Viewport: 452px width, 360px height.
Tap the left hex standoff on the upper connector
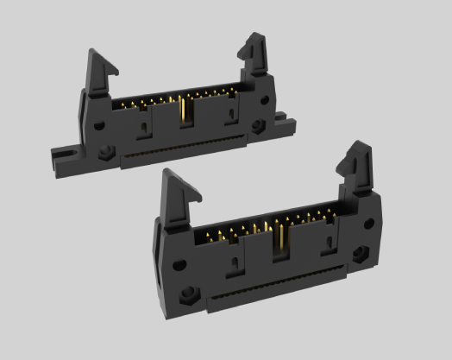[106, 155]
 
